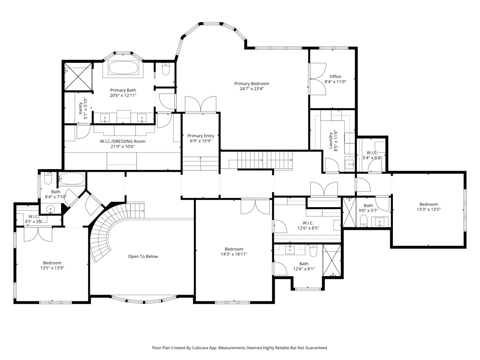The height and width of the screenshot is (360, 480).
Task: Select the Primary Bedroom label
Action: click(x=252, y=83)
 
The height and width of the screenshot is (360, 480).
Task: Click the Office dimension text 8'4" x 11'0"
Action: click(x=335, y=82)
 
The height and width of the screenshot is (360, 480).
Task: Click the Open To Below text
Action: click(x=143, y=256)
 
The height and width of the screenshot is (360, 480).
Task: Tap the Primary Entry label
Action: click(x=201, y=136)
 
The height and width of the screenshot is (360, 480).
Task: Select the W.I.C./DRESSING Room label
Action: click(x=123, y=141)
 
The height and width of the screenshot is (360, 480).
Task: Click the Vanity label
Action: click(x=80, y=108)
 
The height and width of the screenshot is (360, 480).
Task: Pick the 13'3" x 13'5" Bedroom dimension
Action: click(x=429, y=209)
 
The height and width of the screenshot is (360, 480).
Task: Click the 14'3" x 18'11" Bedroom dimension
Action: click(x=234, y=254)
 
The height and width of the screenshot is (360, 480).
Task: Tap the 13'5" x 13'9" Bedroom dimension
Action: click(x=52, y=268)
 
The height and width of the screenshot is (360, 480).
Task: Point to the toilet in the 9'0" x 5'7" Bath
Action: click(x=364, y=221)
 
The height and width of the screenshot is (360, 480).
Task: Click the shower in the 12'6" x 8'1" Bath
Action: click(x=332, y=260)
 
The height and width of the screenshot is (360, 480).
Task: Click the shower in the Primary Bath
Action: click(x=78, y=77)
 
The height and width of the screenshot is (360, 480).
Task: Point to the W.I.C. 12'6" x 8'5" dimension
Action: click(x=308, y=228)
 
